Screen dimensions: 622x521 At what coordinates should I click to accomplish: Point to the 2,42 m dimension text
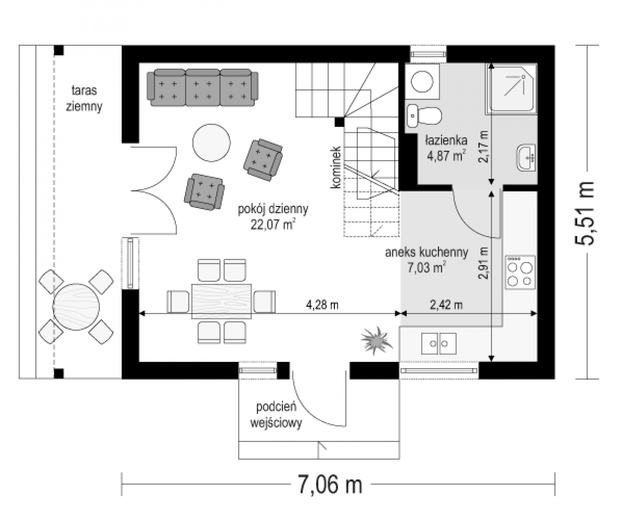point(446,305)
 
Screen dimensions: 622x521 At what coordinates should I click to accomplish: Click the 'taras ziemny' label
point(84,98)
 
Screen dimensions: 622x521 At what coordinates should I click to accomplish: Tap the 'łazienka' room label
point(446,140)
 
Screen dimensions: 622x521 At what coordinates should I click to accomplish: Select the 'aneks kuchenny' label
point(427,252)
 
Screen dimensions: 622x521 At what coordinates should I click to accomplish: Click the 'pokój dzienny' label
point(273,209)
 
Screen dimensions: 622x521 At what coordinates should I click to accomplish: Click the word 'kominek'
point(335,167)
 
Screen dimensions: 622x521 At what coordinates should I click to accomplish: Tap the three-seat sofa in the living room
point(202,88)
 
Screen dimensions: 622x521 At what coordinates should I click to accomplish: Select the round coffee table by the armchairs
point(212,143)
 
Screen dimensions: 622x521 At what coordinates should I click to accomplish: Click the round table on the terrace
point(76,307)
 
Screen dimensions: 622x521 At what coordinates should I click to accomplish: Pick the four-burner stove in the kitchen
point(520,272)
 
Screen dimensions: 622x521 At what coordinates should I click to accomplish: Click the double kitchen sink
point(439,343)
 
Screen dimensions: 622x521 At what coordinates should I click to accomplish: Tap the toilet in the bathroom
point(424,116)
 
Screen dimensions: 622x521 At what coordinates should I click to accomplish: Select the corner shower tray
point(511,89)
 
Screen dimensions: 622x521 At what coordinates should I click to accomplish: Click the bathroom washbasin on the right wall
point(526,158)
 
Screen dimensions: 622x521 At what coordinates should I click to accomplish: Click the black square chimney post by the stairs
point(340,122)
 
